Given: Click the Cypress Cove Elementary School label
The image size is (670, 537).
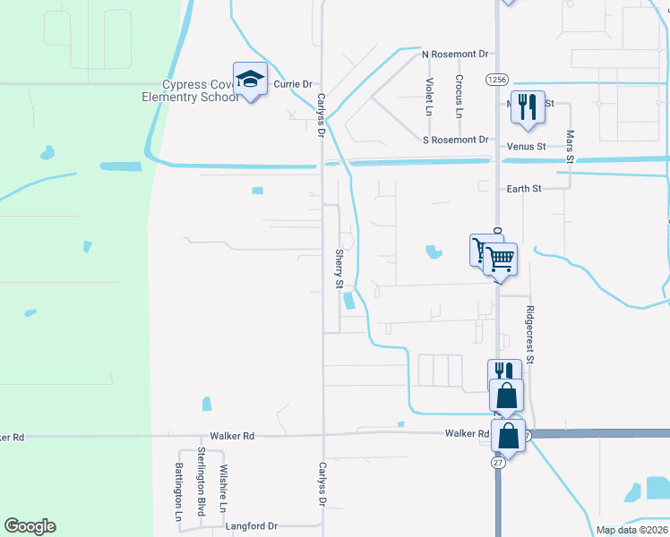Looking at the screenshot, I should [x=199, y=91].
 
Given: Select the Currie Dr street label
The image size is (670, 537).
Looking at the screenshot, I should [x=293, y=84].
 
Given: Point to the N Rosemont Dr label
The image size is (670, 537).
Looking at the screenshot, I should [x=455, y=55].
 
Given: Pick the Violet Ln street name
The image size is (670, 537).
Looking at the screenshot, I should [x=428, y=97].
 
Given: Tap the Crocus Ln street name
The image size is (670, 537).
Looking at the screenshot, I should [x=459, y=97].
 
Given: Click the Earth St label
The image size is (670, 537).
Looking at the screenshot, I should [x=524, y=189].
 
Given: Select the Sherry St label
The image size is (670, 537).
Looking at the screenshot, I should [x=339, y=268].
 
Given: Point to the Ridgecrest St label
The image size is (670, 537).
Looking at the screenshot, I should [x=529, y=336].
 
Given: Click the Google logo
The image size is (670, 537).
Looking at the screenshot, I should [x=30, y=526].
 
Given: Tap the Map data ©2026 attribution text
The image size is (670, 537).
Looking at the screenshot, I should [x=631, y=530].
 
